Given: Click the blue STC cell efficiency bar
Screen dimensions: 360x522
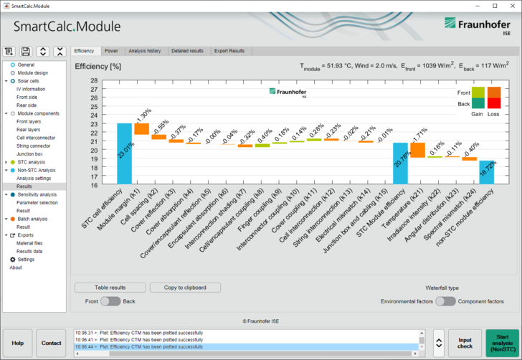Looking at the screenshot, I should coord(124,154).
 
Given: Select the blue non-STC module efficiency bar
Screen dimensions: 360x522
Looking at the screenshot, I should coord(486,172).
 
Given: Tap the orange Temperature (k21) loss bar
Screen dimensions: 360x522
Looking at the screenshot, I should coord(417,150).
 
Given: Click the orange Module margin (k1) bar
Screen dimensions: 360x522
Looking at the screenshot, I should coord(141,129).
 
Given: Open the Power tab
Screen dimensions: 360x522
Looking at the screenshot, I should coord(111,51).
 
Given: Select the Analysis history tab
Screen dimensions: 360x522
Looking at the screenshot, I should coord(144,51).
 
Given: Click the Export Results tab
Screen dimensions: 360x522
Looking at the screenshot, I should coord(229,51).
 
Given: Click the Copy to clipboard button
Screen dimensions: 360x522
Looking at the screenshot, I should coord(186,288).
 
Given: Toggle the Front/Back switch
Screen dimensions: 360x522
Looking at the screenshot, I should coord(110,301).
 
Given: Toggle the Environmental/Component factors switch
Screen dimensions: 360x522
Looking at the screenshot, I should coord(445,301).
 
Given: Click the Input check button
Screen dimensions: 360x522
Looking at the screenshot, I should coord(465,344).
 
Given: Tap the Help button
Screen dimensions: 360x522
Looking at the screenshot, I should coord(18,344).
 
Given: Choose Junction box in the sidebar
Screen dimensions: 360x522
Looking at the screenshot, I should coord(30,154).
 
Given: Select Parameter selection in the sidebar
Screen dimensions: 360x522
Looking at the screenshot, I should coord(38,202).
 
